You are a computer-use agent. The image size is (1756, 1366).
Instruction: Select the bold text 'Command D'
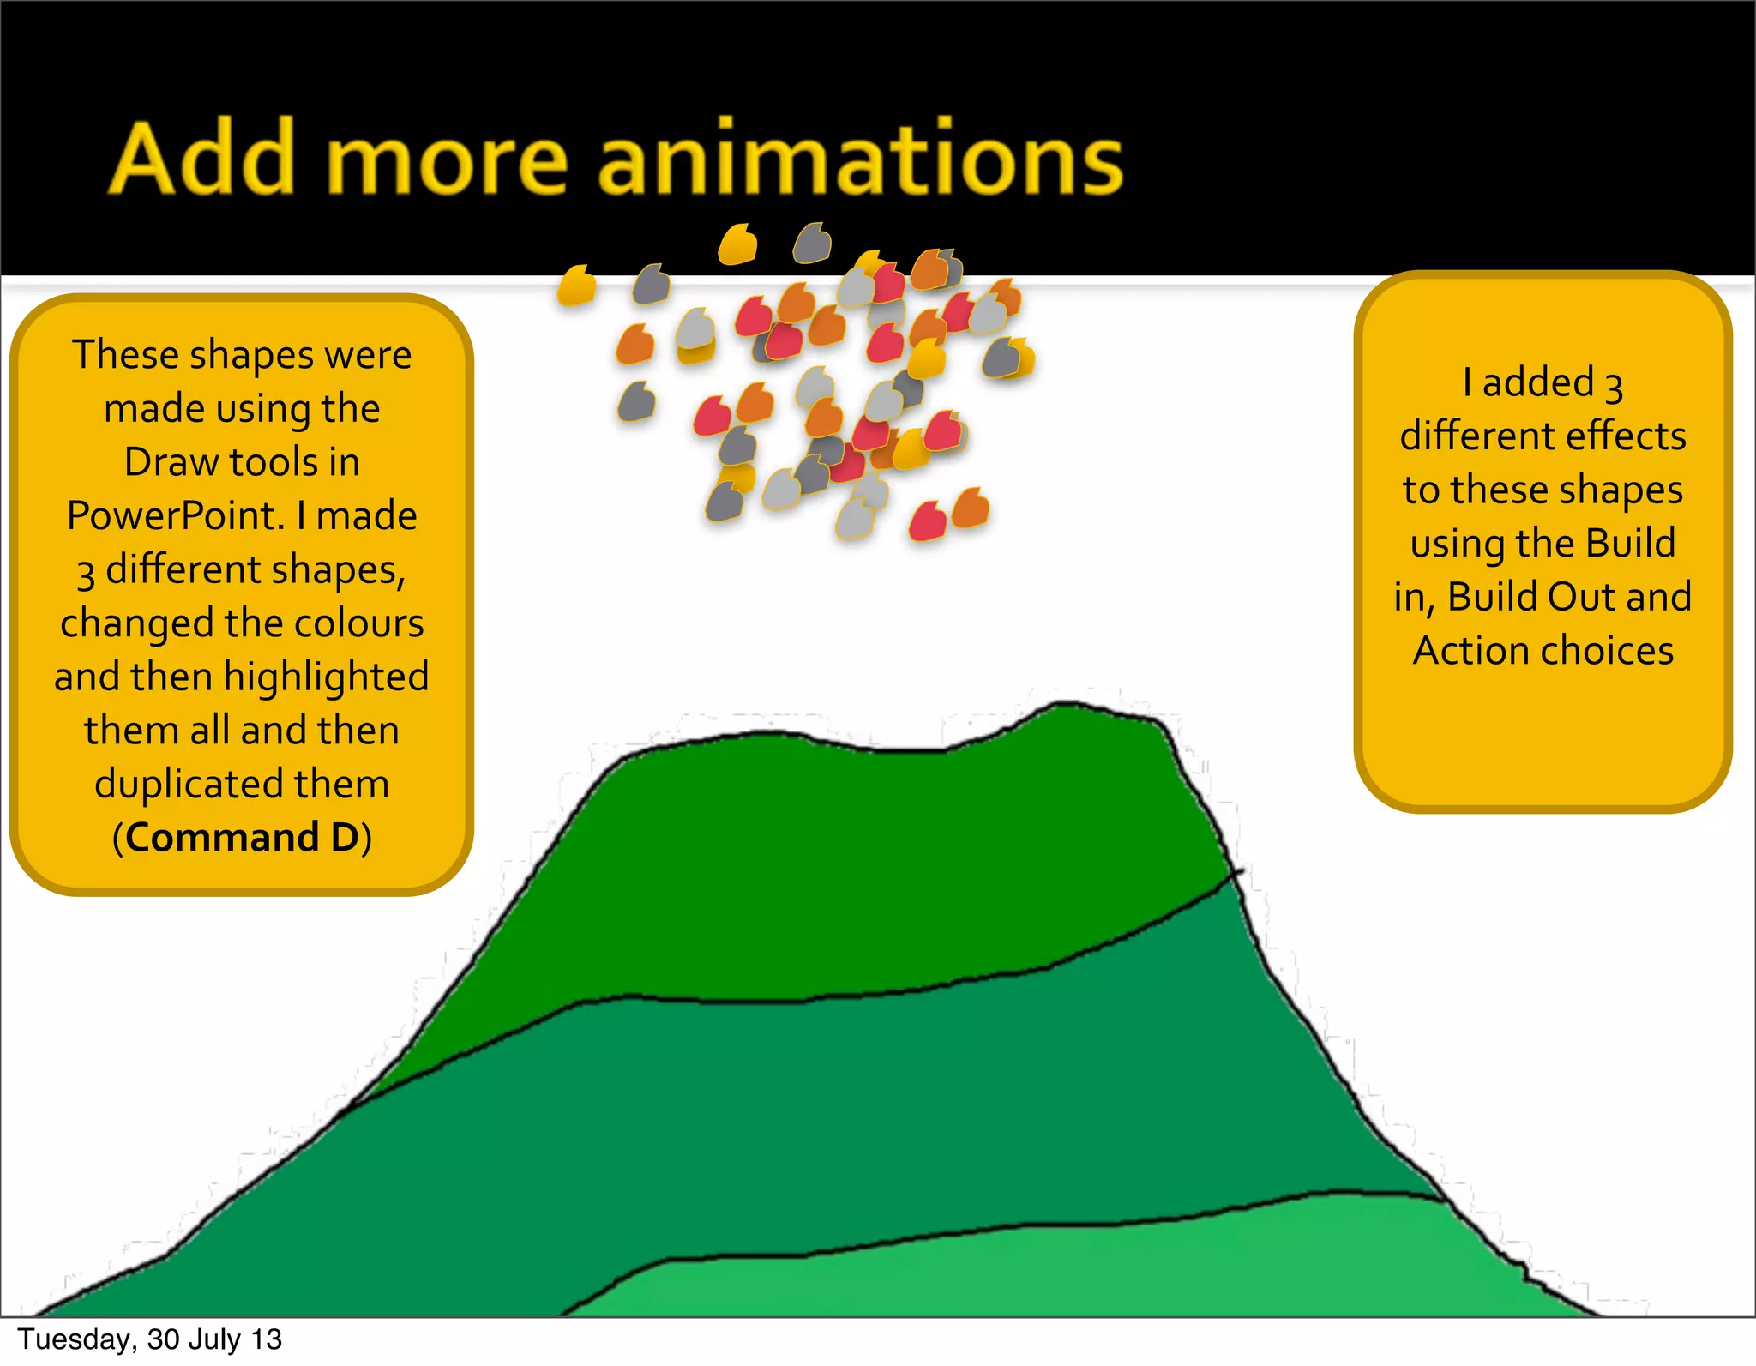pyautogui.click(x=242, y=838)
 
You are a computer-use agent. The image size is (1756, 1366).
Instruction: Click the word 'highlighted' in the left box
pyautogui.click(x=326, y=677)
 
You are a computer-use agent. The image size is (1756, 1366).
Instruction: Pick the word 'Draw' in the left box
pyautogui.click(x=171, y=462)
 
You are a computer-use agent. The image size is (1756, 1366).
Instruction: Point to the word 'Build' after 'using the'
pyautogui.click(x=1630, y=543)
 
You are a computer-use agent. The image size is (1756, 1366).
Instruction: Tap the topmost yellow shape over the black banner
pyautogui.click(x=737, y=244)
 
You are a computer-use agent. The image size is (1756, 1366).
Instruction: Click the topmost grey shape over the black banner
pyautogui.click(x=811, y=244)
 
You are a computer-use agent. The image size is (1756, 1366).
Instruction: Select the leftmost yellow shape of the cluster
pyautogui.click(x=575, y=286)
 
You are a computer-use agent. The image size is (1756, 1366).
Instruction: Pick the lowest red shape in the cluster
pyautogui.click(x=926, y=522)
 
